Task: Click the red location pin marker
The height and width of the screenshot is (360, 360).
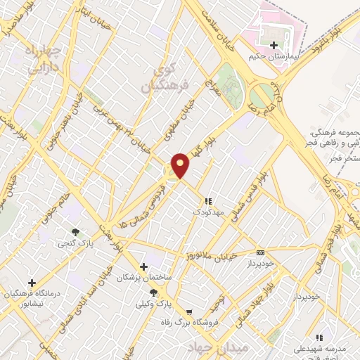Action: [x=181, y=165]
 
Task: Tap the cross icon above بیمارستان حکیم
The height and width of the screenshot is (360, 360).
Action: [x=273, y=46]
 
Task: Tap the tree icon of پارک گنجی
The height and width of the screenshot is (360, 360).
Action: [x=76, y=232]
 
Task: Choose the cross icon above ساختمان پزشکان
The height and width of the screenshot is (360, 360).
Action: [x=144, y=266]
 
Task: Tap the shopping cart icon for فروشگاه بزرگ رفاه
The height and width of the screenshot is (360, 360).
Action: [x=188, y=312]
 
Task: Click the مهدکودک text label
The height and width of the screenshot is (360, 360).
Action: [x=208, y=211]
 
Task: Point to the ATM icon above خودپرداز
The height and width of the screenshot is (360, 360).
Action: [x=261, y=252]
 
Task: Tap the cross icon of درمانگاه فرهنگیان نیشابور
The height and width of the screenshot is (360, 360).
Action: [x=31, y=283]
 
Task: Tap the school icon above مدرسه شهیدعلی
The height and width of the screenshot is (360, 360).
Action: [x=320, y=337]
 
